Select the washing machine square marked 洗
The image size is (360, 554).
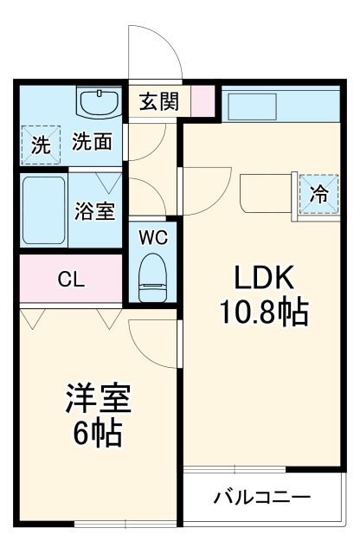[x=41, y=145]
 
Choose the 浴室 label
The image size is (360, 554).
[x=95, y=211]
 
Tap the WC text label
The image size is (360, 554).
[x=152, y=236]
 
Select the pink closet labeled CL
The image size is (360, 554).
[x=71, y=279]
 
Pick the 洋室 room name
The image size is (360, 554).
[x=97, y=401]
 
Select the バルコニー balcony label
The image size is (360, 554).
[x=261, y=499]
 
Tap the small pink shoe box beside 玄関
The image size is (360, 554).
[x=202, y=101]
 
